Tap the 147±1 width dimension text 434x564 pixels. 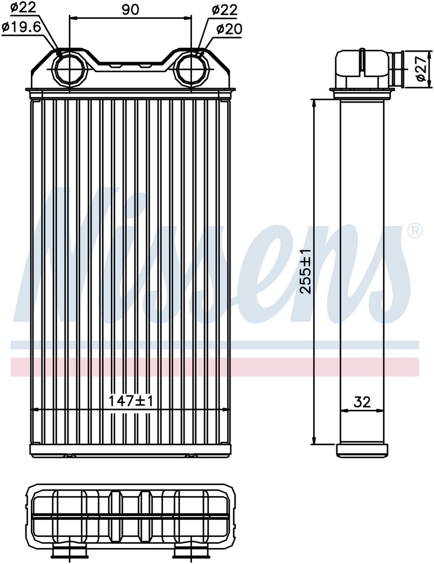131,402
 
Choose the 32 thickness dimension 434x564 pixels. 362,402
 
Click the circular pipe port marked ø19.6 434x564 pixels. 69,69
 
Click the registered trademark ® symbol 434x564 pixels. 415,230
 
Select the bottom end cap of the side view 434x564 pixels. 361,449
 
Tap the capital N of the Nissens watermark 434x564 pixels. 61,259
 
